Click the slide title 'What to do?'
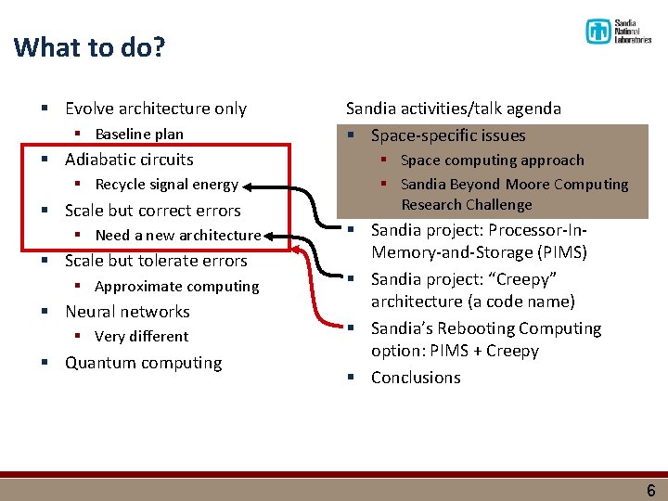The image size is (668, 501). [x=89, y=47]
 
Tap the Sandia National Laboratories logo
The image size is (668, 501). [x=618, y=32]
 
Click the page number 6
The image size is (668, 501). [x=649, y=489]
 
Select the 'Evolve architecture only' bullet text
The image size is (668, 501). [x=155, y=109]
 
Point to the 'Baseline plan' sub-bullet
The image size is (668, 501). [x=139, y=134]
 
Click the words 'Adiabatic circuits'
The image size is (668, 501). [x=129, y=160]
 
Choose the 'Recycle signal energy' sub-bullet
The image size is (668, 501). [x=166, y=185]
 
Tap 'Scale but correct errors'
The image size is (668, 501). [x=152, y=211]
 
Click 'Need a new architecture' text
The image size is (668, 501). [x=177, y=236]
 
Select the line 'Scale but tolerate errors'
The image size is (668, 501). [x=156, y=261]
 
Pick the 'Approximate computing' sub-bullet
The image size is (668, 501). [x=176, y=287]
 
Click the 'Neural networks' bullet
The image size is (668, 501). [x=127, y=312]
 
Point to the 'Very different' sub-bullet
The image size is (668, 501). [x=141, y=337]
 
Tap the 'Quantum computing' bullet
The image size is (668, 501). [x=143, y=363]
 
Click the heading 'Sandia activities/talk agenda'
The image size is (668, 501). [x=453, y=109]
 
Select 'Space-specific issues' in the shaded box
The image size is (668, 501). [x=448, y=135]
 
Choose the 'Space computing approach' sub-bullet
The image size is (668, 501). [x=492, y=161]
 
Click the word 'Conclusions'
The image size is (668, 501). [x=416, y=378]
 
